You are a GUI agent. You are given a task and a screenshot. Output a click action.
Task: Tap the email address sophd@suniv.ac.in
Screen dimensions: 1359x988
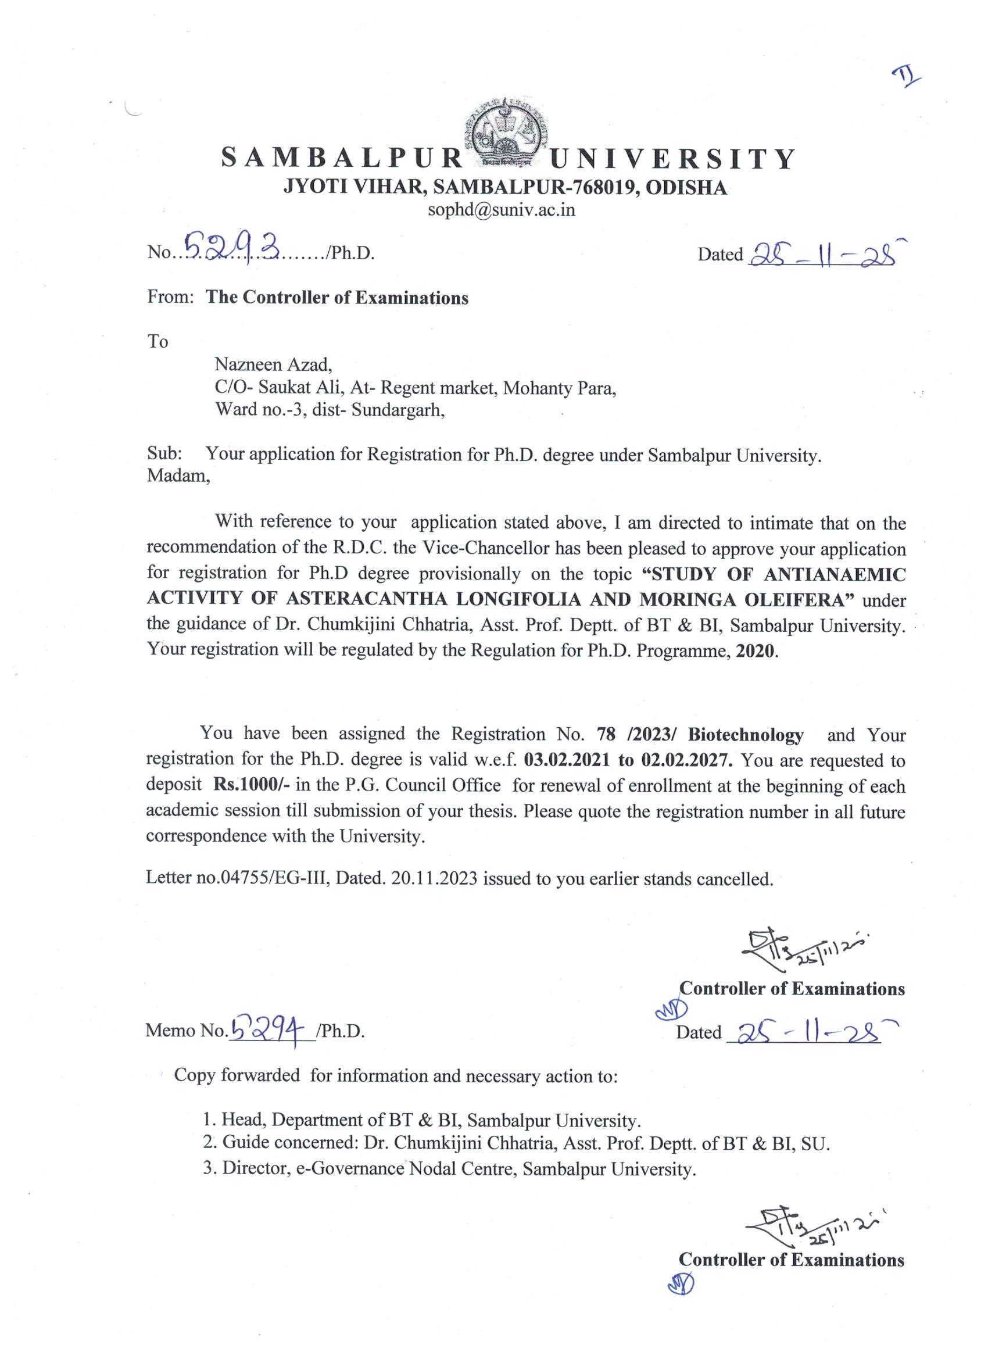click(501, 210)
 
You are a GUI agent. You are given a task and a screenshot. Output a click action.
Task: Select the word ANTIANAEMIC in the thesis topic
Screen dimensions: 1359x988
click(835, 574)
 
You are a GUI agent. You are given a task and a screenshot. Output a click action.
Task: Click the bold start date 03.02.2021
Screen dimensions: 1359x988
click(568, 760)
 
